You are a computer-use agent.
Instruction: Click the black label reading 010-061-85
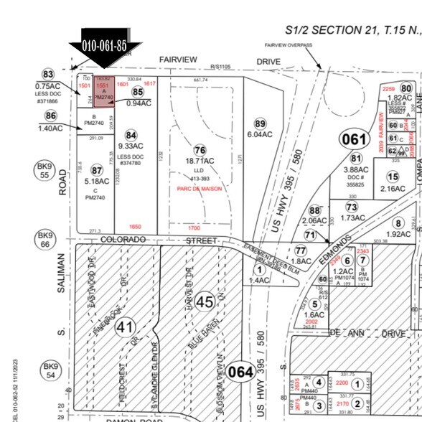(x=104, y=45)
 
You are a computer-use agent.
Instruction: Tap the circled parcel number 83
(x=48, y=75)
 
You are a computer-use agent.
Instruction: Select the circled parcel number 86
(x=50, y=115)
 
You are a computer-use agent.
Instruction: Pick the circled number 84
(x=131, y=135)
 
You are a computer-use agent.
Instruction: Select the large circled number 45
(x=205, y=302)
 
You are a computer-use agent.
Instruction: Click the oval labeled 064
(x=241, y=372)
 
